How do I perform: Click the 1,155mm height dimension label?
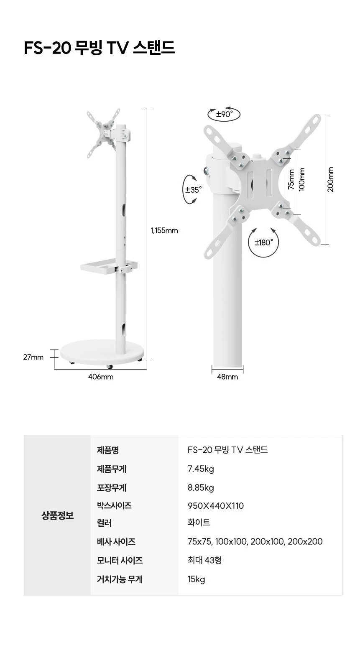pos(164,230)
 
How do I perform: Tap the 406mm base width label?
pos(101,377)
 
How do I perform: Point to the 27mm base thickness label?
pos(33,357)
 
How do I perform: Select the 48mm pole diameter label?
pos(227,377)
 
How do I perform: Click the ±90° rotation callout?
pos(224,114)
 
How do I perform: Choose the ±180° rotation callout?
pos(263,243)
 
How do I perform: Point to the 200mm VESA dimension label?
pos(330,179)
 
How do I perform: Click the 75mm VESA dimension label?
pos(291,179)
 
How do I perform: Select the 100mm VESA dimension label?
pos(302,179)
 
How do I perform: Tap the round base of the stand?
pos(102,352)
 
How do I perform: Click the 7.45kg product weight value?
pos(201,469)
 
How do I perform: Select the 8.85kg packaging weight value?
pos(201,487)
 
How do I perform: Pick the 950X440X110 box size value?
pos(215,505)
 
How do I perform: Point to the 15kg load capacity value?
pos(196,579)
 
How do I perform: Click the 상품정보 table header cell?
pos(57,515)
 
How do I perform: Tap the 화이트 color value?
pos(199,523)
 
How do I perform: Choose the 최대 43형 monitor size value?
pos(204,560)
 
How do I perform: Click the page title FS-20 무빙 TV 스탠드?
pos(100,48)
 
